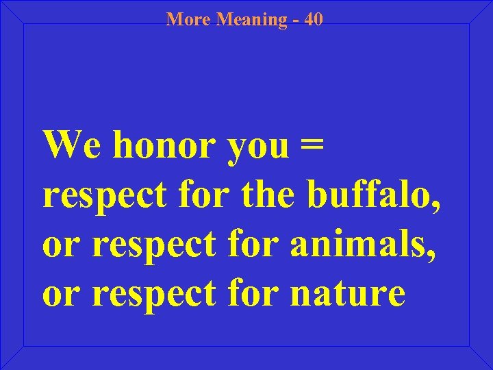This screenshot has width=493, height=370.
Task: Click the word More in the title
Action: click(189, 19)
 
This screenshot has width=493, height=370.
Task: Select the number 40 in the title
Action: click(314, 19)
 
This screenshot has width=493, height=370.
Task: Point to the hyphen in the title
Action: click(296, 20)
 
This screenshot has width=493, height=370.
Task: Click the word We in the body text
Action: click(73, 144)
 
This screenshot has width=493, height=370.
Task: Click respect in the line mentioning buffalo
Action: click(104, 197)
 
